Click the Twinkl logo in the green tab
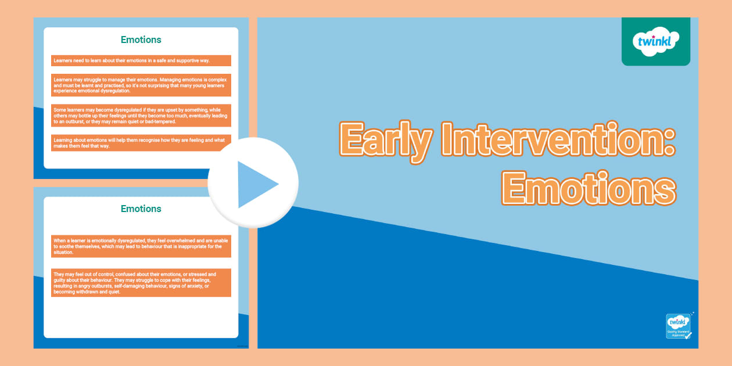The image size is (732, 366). coord(655,41)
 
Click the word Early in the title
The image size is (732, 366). coord(386,140)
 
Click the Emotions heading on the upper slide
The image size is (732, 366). coord(141,40)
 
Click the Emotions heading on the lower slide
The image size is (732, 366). coord(141,209)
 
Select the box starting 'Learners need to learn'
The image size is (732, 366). coord(141,60)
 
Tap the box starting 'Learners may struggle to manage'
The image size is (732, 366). coord(141,85)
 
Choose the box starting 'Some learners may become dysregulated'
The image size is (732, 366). coord(141,115)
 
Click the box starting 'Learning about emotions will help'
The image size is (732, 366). coord(141,143)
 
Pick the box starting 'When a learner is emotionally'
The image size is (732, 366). coord(141,246)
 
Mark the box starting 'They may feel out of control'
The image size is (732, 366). coord(141,283)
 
